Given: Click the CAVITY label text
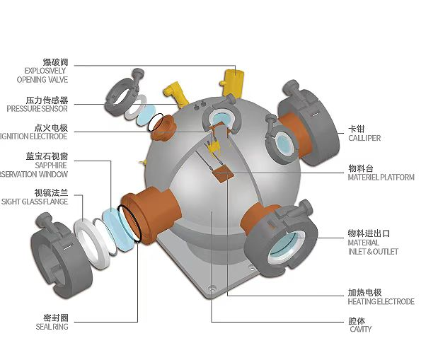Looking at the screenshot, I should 359,325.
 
